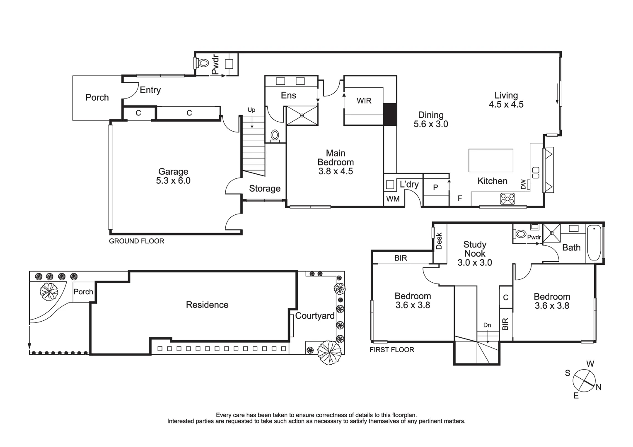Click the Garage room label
pos(173,171)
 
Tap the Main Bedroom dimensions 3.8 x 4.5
pos(336,171)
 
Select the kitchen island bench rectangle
pos(490,160)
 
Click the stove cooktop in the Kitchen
pos(507,199)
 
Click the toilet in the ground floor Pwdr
pos(203,63)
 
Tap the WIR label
pos(364,101)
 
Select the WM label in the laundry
pos(393,199)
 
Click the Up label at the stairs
pos(251,110)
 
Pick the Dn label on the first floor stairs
pos(487,325)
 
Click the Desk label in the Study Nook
pos(440,241)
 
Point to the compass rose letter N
pos(598,387)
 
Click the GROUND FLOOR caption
pos(136,241)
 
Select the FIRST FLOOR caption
pos(391,350)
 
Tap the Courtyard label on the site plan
pos(315,316)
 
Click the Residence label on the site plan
pos(207,305)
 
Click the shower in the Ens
pos(302,115)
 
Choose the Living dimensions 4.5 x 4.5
pos(506,105)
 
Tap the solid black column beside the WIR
pos(390,114)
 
